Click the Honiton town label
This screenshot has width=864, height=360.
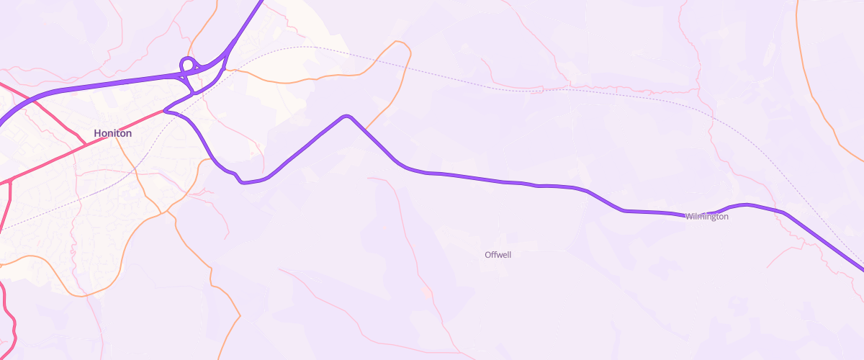(x=112, y=133)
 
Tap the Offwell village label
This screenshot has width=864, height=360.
(x=498, y=255)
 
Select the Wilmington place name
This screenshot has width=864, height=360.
(x=706, y=216)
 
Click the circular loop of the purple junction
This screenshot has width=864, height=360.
(x=187, y=63)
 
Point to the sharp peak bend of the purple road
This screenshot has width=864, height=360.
(x=347, y=116)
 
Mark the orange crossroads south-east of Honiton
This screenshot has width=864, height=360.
(x=167, y=211)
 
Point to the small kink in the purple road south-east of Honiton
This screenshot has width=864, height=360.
(x=238, y=177)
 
